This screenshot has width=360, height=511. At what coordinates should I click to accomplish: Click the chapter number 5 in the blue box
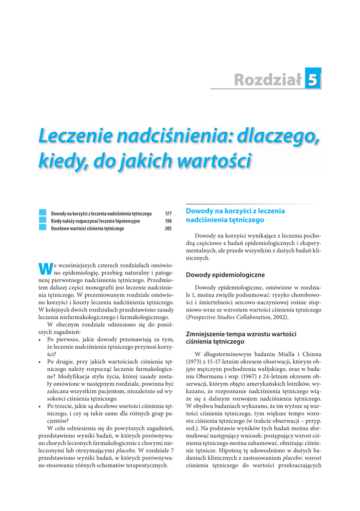(x=313, y=79)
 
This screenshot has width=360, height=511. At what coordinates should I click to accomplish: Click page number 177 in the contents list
(x=168, y=214)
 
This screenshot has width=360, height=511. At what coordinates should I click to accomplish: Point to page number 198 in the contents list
(x=168, y=221)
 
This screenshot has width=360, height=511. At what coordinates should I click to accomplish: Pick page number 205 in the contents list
(x=168, y=229)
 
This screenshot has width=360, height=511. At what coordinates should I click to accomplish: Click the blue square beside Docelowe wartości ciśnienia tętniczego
(x=42, y=228)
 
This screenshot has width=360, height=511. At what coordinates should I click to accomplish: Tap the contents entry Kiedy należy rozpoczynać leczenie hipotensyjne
(x=95, y=221)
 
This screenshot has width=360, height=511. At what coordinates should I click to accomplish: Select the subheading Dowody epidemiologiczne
(x=225, y=275)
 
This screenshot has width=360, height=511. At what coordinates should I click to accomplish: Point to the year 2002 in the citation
(x=279, y=317)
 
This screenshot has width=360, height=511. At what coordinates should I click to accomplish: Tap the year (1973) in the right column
(x=194, y=361)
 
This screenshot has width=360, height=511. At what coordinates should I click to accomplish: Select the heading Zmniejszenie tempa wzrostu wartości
(x=241, y=333)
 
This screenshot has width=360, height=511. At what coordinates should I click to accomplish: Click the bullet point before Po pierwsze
(x=40, y=339)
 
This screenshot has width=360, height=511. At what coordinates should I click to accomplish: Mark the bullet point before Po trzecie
(x=40, y=407)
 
